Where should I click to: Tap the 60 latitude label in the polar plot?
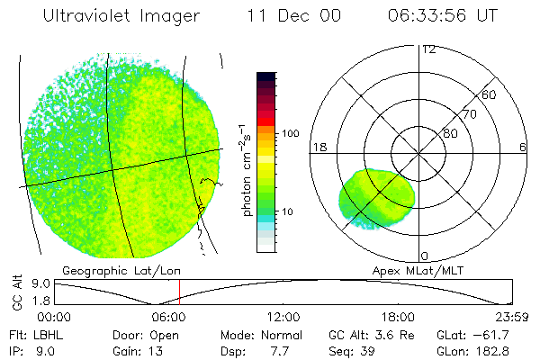(490, 94)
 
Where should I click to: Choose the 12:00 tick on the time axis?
(283, 317)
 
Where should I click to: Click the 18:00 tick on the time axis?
(398, 317)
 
